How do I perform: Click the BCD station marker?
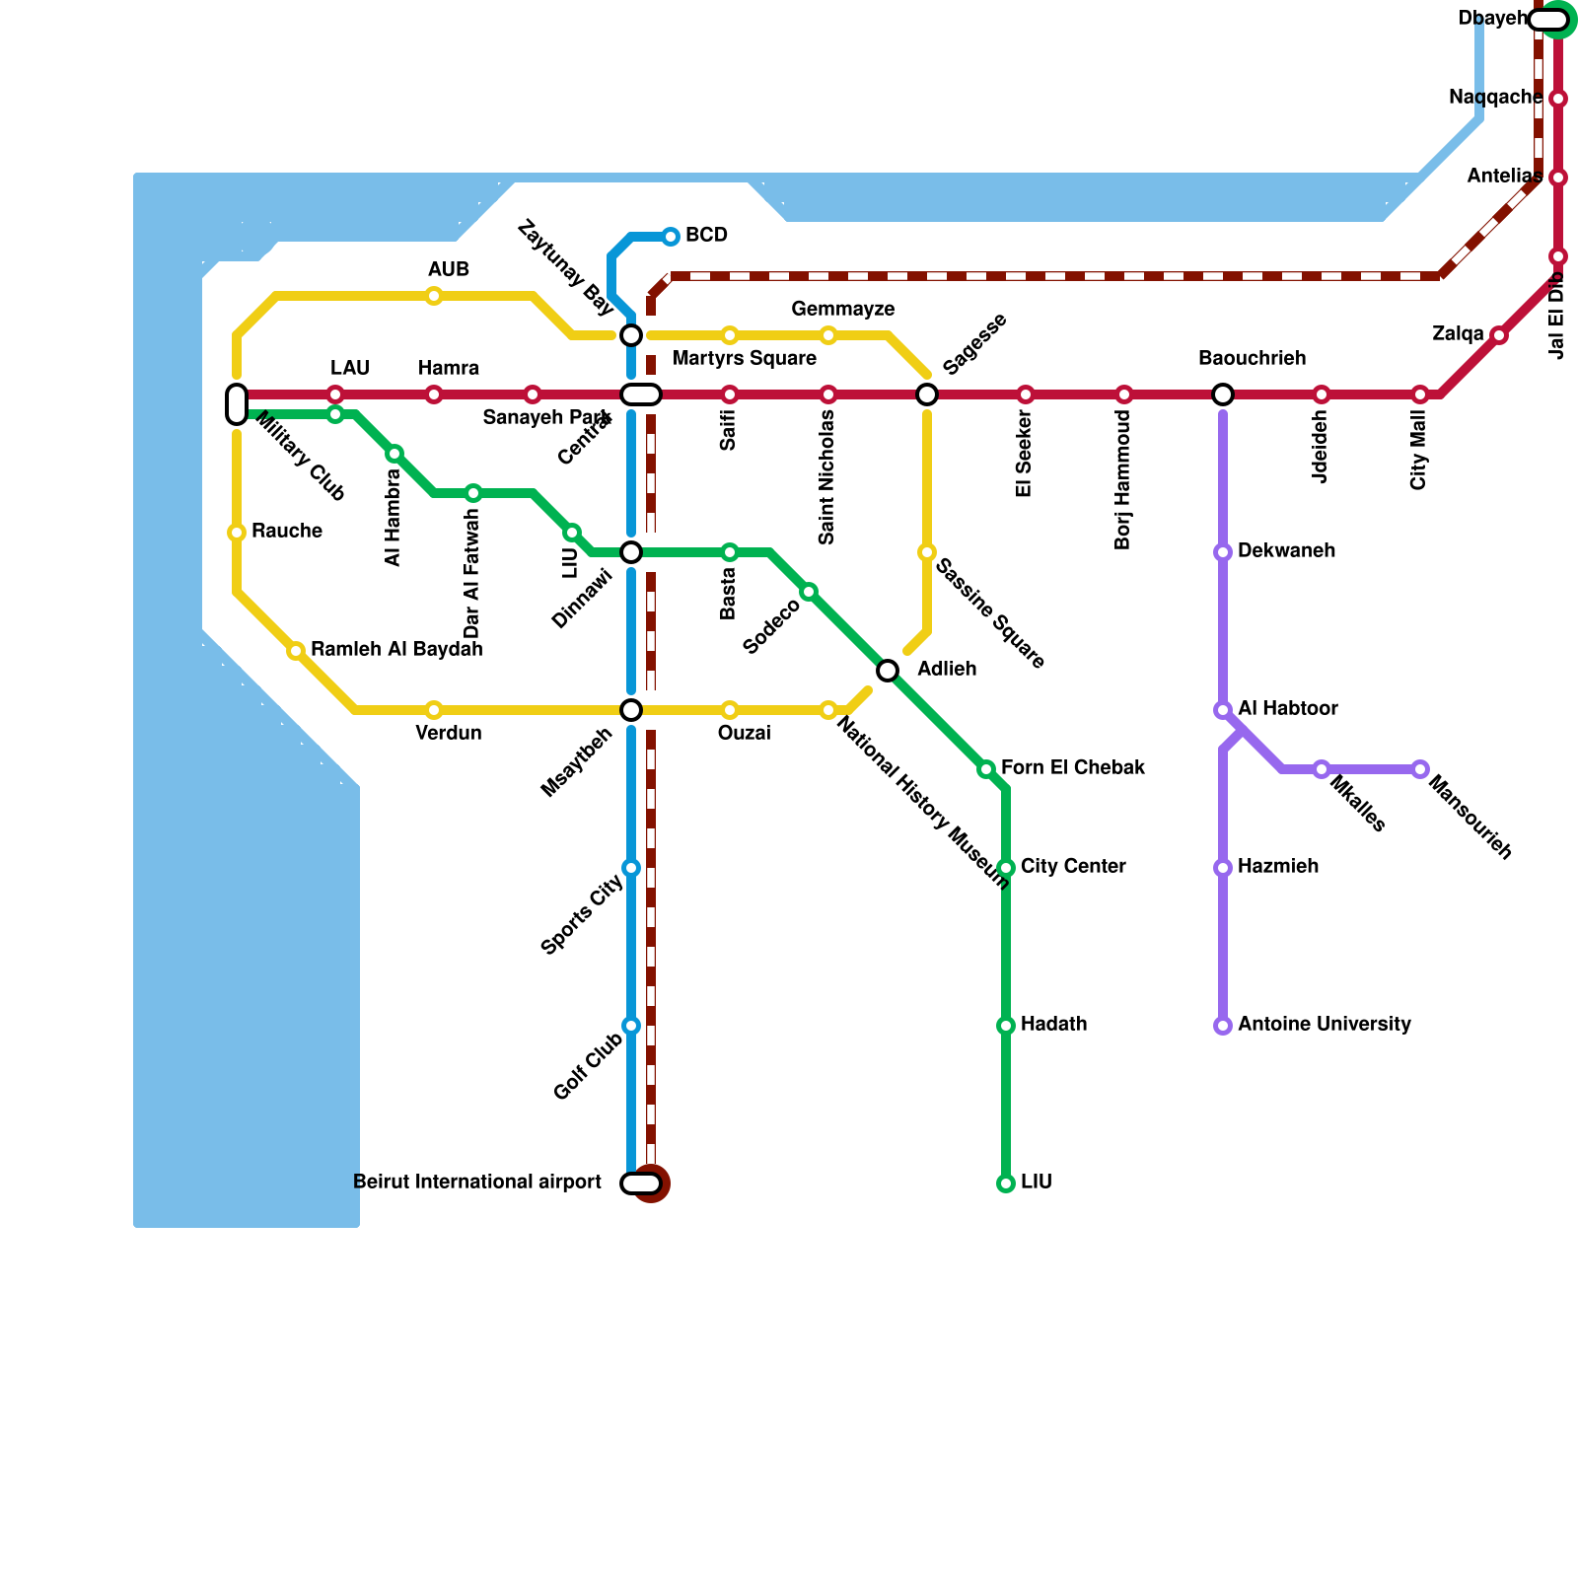[x=671, y=237]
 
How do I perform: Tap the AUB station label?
[x=448, y=270]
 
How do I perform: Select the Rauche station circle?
[x=237, y=533]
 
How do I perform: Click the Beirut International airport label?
[x=476, y=1182]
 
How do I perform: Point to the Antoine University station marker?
[x=1223, y=1026]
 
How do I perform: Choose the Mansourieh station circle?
[x=1420, y=769]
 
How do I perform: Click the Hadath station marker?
[x=1006, y=1026]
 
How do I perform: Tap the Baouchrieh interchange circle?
[x=1223, y=394]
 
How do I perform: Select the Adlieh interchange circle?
[x=888, y=671]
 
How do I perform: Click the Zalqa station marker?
[x=1499, y=335]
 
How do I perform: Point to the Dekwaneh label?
[x=1286, y=550]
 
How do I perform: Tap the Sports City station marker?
[x=631, y=868]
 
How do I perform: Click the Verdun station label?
[x=448, y=734]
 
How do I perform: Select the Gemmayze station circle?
[x=828, y=335]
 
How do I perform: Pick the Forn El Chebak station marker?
[x=986, y=769]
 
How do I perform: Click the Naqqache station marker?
[x=1558, y=99]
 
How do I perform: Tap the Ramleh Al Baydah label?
[x=396, y=649]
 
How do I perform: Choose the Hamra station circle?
[x=434, y=394]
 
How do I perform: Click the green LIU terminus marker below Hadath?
[x=1006, y=1183]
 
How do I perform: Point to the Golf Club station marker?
[x=631, y=1026]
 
